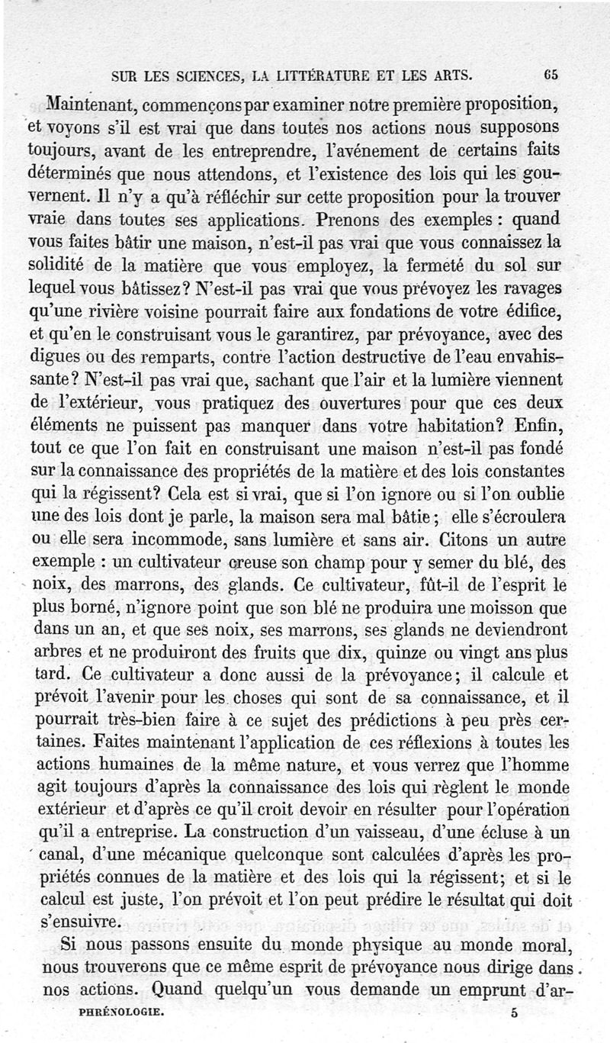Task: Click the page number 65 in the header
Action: [x=552, y=75]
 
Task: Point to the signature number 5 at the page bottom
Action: [x=515, y=1014]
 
